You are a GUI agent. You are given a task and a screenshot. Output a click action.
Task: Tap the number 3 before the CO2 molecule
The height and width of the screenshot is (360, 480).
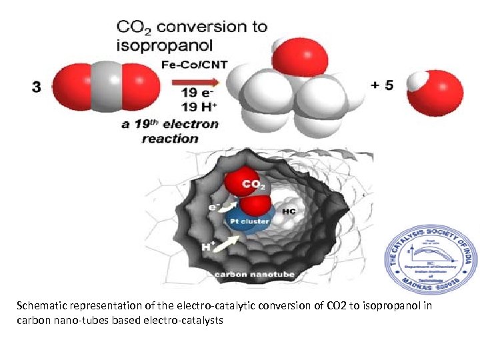click(36, 87)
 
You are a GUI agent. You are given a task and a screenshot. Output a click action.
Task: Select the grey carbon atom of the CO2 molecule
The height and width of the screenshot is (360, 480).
click(109, 86)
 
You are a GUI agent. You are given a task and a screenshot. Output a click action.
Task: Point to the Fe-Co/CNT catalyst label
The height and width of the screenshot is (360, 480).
click(192, 65)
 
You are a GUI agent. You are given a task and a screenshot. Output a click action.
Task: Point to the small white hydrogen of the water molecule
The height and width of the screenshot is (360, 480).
click(418, 82)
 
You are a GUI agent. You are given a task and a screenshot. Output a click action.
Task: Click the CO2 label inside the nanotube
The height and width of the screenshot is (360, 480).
click(254, 183)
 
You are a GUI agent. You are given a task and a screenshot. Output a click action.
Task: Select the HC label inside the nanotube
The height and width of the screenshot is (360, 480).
click(289, 211)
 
